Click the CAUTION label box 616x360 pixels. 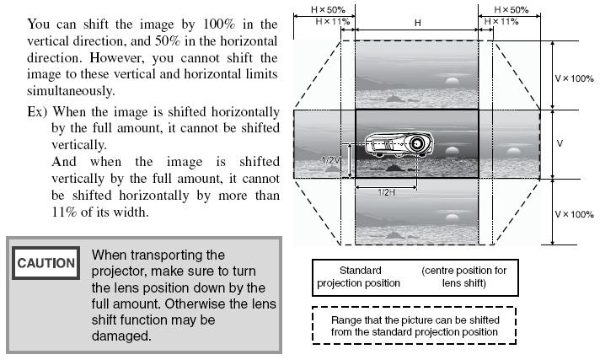[x=46, y=263]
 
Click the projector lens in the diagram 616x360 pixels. [x=417, y=143]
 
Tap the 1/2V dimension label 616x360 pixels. [x=331, y=160]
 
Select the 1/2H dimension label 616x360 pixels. [x=387, y=192]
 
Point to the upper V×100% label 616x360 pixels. [x=574, y=78]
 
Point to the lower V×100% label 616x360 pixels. [x=574, y=214]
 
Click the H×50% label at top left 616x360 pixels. [x=328, y=9]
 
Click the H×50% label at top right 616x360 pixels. [x=512, y=9]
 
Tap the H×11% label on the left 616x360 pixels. [x=332, y=21]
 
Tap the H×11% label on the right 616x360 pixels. [x=501, y=21]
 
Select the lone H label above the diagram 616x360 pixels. [x=418, y=23]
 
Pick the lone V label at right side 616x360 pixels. [x=560, y=143]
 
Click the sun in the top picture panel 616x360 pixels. [x=453, y=82]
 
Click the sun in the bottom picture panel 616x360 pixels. [x=453, y=218]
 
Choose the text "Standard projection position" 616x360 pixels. [x=359, y=277]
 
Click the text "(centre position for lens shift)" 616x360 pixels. [x=464, y=277]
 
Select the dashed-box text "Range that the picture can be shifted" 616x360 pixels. [x=415, y=320]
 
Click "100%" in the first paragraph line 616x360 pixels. [x=219, y=24]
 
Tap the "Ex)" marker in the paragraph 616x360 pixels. [x=37, y=112]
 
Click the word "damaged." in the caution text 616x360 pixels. [x=121, y=336]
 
